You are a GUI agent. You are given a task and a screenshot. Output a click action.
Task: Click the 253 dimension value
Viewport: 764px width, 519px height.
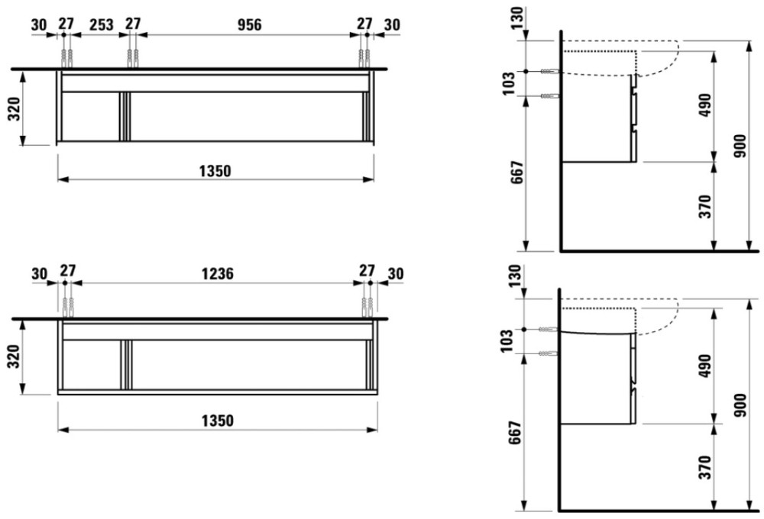click(x=102, y=24)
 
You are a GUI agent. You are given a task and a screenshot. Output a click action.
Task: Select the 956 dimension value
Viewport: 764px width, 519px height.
click(x=250, y=24)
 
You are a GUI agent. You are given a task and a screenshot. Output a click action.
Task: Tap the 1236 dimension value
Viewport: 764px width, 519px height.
click(x=218, y=273)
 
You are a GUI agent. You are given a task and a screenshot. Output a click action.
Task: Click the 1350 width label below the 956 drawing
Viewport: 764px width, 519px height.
click(x=215, y=172)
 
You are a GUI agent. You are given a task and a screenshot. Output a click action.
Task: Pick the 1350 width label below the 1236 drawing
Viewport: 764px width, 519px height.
click(x=218, y=421)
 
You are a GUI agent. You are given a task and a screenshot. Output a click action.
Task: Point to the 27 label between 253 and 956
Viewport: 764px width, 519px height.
click(x=133, y=24)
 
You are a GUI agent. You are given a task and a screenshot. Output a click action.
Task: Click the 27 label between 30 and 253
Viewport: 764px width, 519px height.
click(x=66, y=24)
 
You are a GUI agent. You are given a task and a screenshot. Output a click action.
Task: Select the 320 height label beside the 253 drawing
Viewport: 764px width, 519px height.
click(x=15, y=110)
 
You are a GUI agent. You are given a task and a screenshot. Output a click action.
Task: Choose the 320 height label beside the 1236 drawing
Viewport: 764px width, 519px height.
click(x=15, y=356)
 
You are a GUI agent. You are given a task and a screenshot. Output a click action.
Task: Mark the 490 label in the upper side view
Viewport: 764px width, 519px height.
click(x=705, y=105)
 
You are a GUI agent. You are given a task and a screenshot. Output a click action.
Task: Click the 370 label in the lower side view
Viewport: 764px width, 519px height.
click(x=705, y=467)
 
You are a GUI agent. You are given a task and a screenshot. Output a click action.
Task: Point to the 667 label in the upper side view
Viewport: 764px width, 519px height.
click(x=516, y=172)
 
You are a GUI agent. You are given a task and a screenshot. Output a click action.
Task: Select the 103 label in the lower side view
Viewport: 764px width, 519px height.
click(x=507, y=340)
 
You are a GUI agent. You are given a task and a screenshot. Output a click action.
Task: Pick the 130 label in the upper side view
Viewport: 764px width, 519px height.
click(x=517, y=18)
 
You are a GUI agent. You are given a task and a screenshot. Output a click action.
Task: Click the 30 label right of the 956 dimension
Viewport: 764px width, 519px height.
click(x=392, y=24)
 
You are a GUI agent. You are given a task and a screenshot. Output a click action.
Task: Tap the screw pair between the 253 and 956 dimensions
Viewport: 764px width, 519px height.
click(x=132, y=59)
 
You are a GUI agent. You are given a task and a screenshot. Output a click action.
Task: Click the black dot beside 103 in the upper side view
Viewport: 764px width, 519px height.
click(x=526, y=72)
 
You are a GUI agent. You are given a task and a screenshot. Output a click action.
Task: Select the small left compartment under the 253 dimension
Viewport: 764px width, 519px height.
click(x=91, y=117)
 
